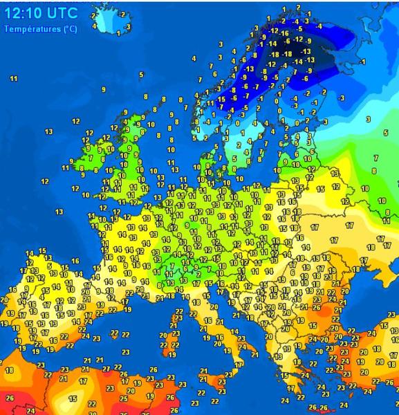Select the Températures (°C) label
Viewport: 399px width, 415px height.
pyautogui.click(x=40, y=29)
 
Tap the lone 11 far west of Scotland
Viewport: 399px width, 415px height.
pyautogui.click(x=14, y=79)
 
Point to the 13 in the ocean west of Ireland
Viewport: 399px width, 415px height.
pyautogui.click(x=48, y=131)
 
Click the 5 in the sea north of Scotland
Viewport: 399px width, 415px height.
pyautogui.click(x=141, y=74)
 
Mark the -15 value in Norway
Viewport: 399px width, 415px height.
pyautogui.click(x=221, y=99)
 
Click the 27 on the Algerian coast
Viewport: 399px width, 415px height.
pyautogui.click(x=105, y=367)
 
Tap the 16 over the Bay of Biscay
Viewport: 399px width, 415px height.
pyautogui.click(x=75, y=260)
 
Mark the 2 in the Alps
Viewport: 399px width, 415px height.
pyautogui.click(x=178, y=275)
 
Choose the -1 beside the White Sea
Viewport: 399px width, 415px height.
pyautogui.click(x=362, y=62)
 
